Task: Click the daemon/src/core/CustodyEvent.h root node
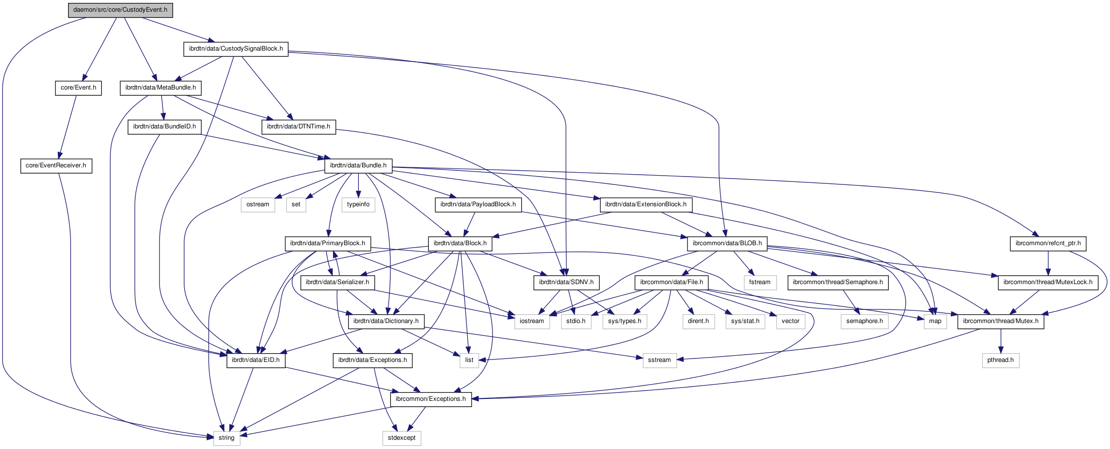(x=120, y=10)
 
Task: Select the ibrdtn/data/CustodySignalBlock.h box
(x=236, y=49)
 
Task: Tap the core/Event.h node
(x=78, y=88)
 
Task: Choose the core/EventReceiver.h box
(x=56, y=165)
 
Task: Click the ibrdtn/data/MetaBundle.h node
(x=160, y=88)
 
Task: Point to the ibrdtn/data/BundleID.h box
(x=164, y=126)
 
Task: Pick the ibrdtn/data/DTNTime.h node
(x=299, y=126)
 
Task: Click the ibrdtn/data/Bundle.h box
(x=358, y=165)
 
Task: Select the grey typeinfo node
(x=358, y=204)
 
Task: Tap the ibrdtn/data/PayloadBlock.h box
(x=478, y=204)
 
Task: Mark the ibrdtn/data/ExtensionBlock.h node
(x=646, y=204)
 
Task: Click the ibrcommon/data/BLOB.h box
(x=727, y=243)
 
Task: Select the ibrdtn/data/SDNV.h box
(x=566, y=282)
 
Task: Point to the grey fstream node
(x=759, y=282)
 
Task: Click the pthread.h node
(x=1001, y=360)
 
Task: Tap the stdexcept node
(x=402, y=438)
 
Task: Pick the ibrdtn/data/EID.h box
(x=256, y=360)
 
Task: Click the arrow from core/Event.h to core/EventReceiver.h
(x=68, y=126)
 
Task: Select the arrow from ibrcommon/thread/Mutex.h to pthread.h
(x=1001, y=341)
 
